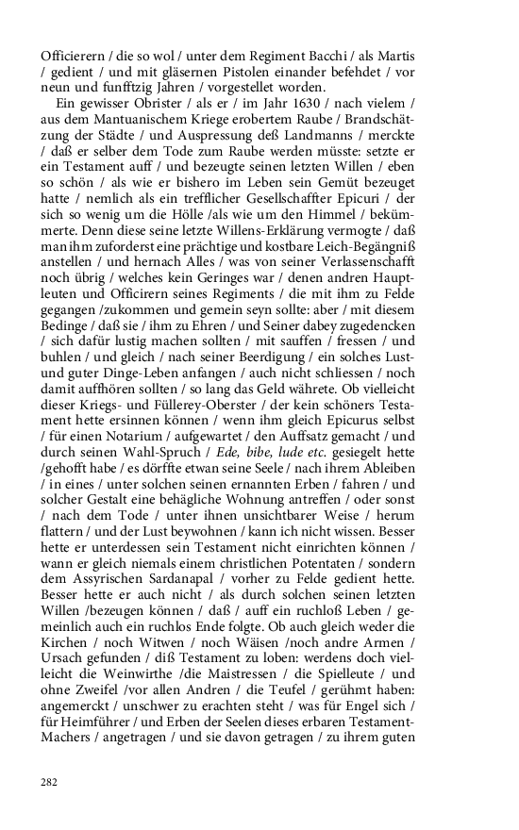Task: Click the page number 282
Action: [50, 782]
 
